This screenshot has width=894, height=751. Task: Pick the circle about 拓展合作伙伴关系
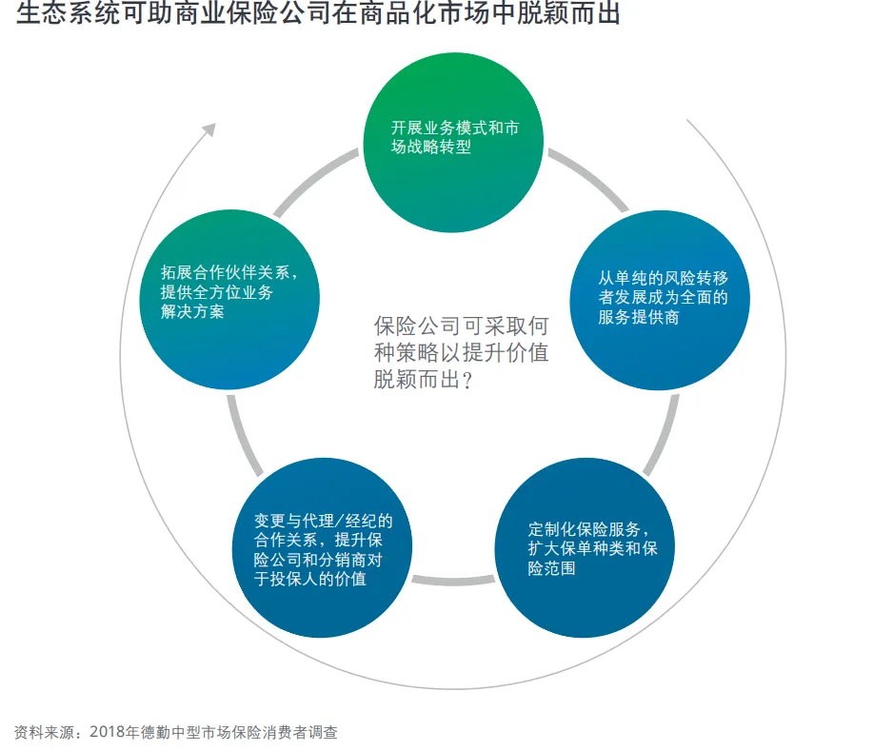(229, 300)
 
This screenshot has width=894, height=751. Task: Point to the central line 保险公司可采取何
(461, 326)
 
